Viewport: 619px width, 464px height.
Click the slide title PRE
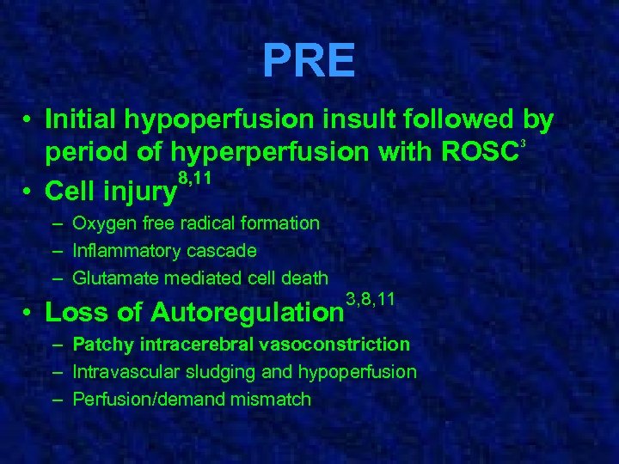309,60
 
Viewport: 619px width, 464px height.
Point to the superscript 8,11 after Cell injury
194,178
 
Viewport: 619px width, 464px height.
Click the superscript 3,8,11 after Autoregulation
370,299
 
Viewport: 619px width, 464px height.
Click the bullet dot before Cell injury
28,188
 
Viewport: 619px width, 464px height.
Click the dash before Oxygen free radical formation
56,223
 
